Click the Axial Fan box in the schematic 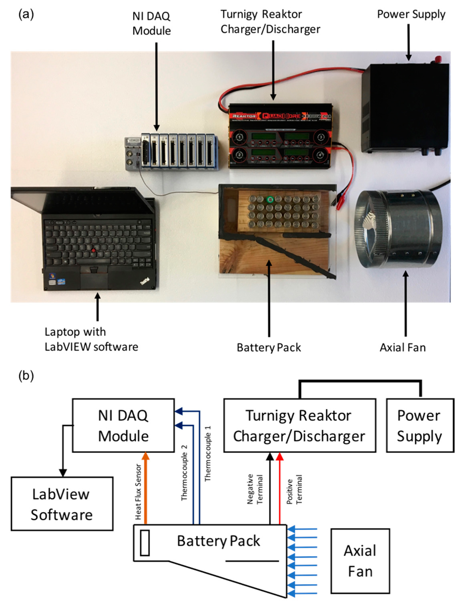[360, 561]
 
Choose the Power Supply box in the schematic [420, 425]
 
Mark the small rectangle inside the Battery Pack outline [145, 543]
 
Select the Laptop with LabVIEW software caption [91, 339]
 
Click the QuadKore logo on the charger [281, 116]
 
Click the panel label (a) [26, 14]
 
